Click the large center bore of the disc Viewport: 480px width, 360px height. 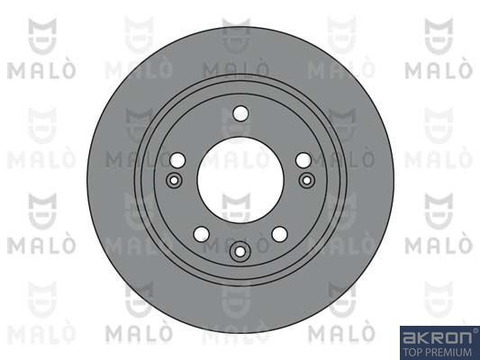(240, 181)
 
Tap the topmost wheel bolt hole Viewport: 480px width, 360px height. (240, 113)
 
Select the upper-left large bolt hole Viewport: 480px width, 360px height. (177, 160)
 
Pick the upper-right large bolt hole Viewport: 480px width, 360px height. (303, 160)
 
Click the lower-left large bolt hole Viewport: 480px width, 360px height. (202, 234)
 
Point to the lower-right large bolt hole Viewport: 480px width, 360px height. (280, 234)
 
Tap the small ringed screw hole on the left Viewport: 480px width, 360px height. (174, 180)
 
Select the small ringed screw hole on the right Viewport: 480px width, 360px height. (307, 180)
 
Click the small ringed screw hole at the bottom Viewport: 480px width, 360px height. (240, 252)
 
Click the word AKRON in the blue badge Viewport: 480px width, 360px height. (437, 338)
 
